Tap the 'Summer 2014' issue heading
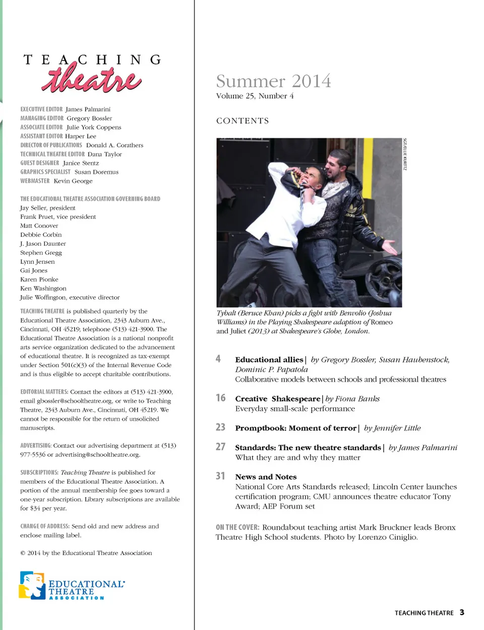coord(273,81)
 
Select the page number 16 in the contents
coord(220,398)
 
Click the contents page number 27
coord(220,447)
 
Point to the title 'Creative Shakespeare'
coord(277,399)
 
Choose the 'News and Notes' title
coord(266,477)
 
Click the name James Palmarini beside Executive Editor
coord(88,109)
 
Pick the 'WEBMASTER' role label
coord(35,181)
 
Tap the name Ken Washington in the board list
coord(43,289)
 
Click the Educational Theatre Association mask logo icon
coord(32,585)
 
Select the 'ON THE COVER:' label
coord(237,527)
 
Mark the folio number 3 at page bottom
coord(462,612)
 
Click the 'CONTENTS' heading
coord(243,121)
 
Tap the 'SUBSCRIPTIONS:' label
coord(39,472)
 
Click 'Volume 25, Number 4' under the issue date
coord(255,96)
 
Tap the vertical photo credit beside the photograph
coord(404,154)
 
